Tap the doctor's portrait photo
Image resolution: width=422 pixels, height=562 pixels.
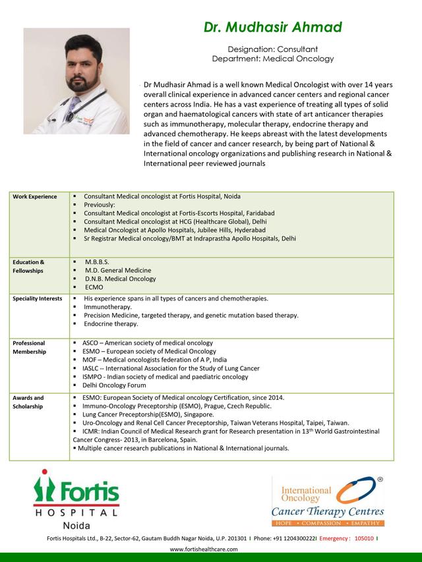tap(76, 81)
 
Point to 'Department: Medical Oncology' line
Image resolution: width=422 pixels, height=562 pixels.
tap(272, 59)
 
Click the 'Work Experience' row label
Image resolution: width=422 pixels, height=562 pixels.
tap(34, 197)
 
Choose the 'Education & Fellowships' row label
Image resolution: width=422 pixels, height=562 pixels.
tap(28, 266)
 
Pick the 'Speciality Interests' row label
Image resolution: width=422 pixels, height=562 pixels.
tap(37, 299)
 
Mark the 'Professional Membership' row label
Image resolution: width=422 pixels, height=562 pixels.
tap(29, 347)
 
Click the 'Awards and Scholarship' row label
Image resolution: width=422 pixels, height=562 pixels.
tap(28, 402)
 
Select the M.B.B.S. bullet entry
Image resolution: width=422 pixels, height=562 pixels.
tap(97, 262)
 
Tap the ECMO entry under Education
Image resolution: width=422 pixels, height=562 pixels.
tap(94, 287)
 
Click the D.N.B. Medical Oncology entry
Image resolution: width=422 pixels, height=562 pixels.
tap(120, 279)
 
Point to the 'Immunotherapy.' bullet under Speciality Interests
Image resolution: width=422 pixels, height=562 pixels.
tap(107, 307)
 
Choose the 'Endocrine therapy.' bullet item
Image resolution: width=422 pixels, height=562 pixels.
tap(111, 323)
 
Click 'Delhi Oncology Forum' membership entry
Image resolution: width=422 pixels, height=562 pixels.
tap(114, 385)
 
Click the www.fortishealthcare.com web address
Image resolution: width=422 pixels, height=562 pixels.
tap(203, 549)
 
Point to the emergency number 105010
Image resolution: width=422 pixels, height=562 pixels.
tap(364, 538)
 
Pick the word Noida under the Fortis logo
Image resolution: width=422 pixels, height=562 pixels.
tap(76, 526)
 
